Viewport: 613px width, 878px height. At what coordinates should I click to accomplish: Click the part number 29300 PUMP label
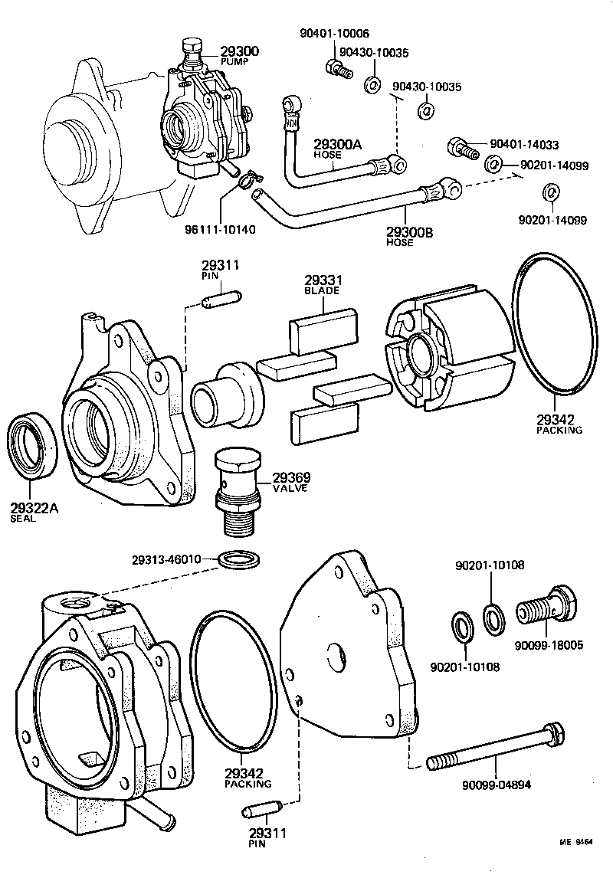click(239, 55)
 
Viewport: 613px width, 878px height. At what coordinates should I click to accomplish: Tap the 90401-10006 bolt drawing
click(338, 69)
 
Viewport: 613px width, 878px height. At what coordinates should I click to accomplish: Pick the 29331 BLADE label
click(323, 285)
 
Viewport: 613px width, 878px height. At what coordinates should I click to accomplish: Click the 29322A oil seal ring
click(32, 446)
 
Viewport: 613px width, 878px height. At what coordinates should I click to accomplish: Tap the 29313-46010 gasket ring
click(238, 560)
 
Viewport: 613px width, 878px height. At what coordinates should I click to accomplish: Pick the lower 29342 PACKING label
click(247, 778)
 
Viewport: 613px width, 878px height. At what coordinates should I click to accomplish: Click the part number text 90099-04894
click(497, 784)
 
